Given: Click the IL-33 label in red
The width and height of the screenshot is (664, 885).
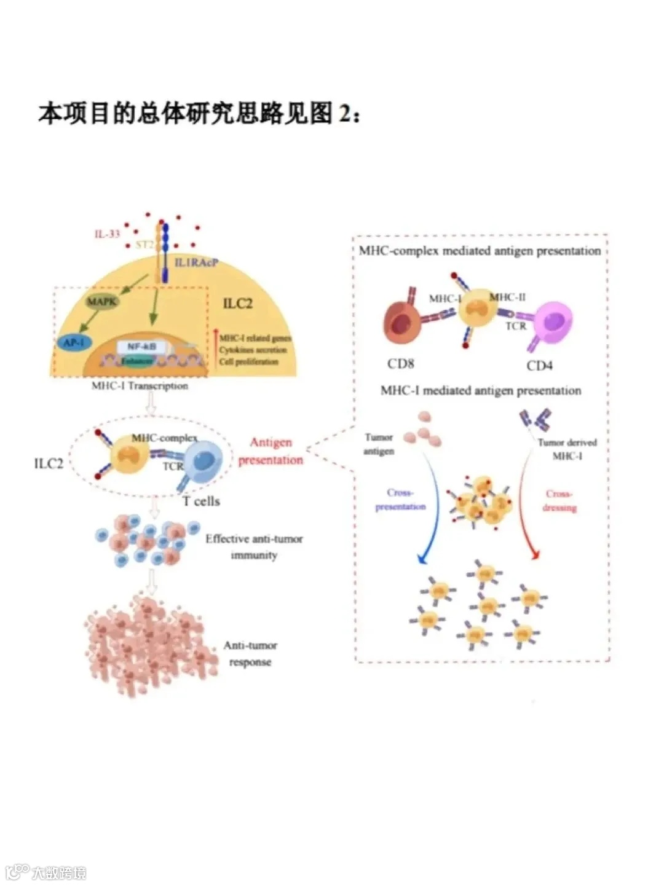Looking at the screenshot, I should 107,234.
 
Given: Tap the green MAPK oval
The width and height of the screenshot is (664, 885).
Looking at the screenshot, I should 101,301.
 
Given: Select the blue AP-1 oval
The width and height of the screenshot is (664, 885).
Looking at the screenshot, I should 73,342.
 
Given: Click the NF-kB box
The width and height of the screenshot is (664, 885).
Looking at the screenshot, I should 141,347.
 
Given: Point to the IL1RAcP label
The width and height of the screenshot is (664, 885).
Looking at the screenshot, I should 196,263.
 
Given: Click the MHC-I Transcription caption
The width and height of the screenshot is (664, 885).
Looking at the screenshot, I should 140,386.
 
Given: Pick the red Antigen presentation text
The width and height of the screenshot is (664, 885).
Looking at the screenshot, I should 271,451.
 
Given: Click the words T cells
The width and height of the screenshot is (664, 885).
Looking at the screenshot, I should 201,502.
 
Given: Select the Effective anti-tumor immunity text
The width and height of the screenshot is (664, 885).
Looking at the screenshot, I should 254,546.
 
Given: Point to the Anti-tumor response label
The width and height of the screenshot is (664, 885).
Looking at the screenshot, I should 250,653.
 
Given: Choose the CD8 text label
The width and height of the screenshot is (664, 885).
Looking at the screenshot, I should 400,364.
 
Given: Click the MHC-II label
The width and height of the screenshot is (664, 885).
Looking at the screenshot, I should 508,297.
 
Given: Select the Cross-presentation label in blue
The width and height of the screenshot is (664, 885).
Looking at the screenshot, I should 400,500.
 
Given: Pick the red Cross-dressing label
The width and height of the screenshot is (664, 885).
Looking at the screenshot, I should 559,501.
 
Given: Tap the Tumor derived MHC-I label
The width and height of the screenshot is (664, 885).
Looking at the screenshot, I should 567,449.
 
